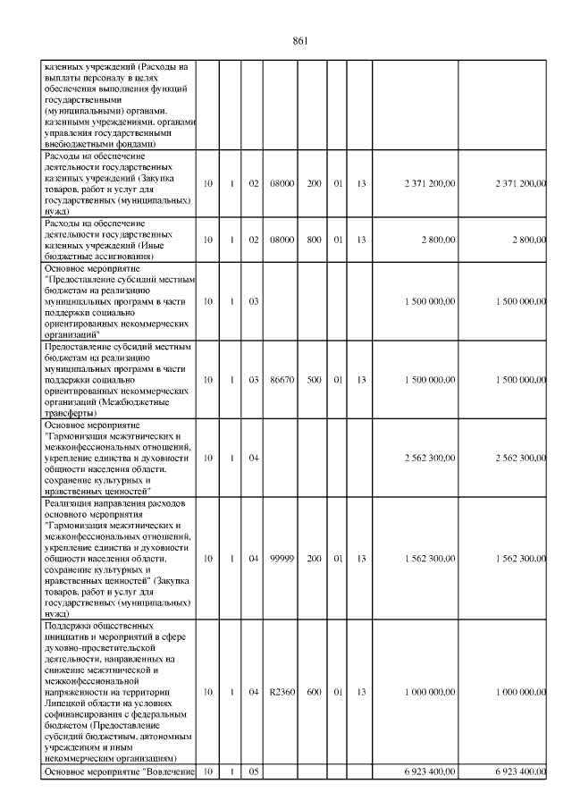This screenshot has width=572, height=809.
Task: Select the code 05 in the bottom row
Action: pyautogui.click(x=253, y=771)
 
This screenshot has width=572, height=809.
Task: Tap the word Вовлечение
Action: pyautogui.click(x=171, y=771)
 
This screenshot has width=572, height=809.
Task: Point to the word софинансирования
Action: pyautogui.click(x=85, y=715)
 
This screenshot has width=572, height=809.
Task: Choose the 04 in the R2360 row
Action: pyautogui.click(x=253, y=692)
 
